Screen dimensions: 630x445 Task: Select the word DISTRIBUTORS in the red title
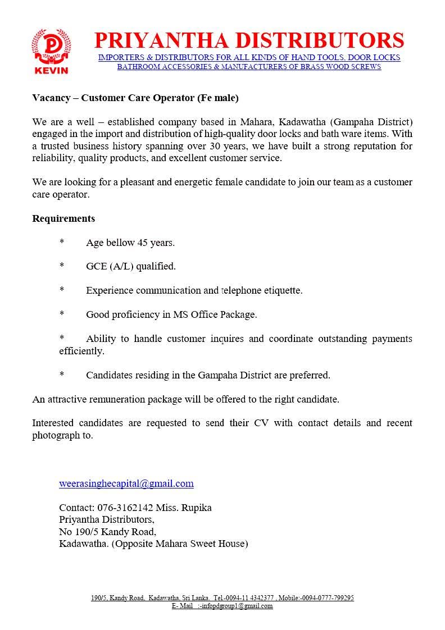coord(319,41)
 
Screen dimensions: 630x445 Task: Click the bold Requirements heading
coord(63,218)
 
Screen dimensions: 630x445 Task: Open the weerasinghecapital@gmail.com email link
coord(126,483)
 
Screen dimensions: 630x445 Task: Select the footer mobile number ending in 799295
coord(328,598)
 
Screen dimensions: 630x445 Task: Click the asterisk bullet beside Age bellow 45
coord(62,243)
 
